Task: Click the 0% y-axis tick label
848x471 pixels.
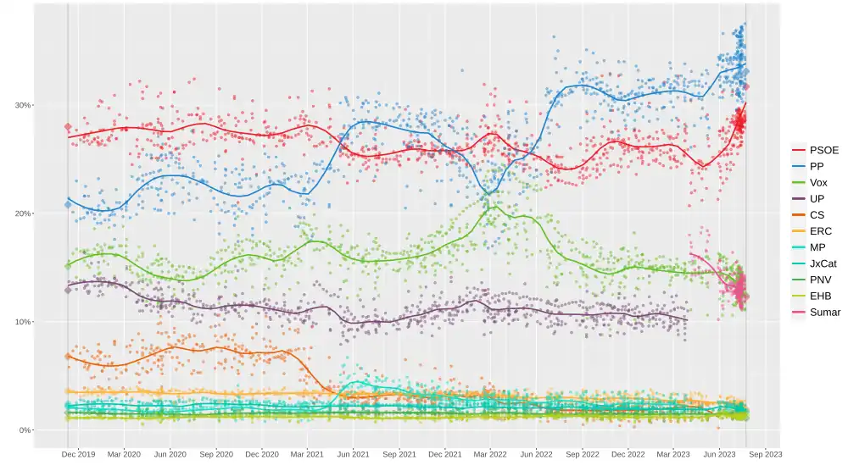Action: [24, 430]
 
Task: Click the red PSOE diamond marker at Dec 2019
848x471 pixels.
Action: [68, 127]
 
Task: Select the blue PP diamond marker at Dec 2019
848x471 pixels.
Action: [68, 204]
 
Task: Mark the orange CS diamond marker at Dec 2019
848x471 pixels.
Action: [68, 357]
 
